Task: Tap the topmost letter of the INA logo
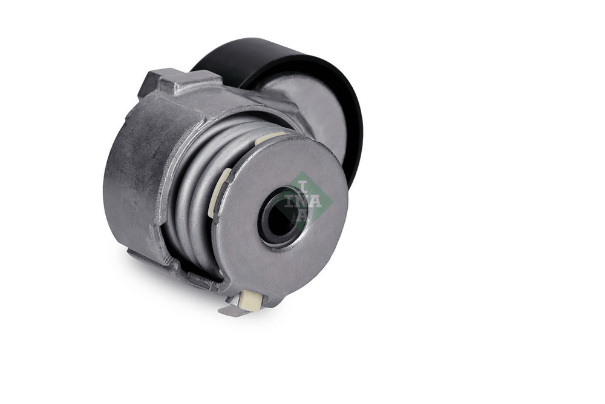pyautogui.click(x=304, y=188)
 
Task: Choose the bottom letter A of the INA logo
pyautogui.click(x=302, y=215)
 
